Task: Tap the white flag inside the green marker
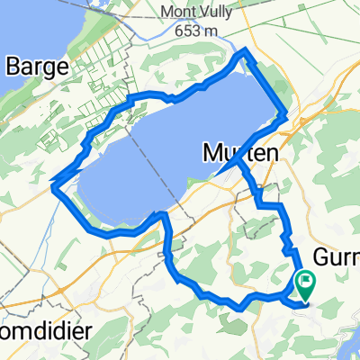pos(306,281)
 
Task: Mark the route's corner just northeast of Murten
pos(286,114)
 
